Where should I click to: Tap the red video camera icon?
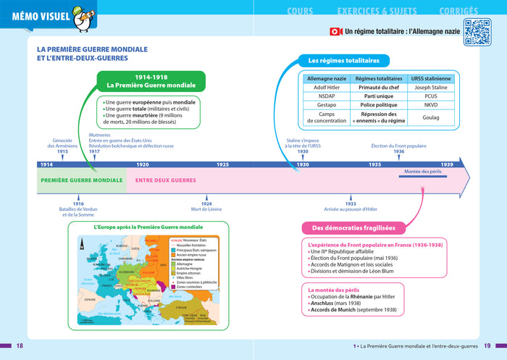[x=335, y=32]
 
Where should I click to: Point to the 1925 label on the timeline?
[x=223, y=165]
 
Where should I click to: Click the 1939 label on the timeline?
[x=447, y=165]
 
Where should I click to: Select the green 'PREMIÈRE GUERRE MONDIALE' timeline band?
[x=81, y=180]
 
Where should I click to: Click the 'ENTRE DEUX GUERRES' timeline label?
[x=166, y=180]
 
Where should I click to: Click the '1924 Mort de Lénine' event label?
[x=206, y=206]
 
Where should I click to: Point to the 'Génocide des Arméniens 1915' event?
[x=67, y=145]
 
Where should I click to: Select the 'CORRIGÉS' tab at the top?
[x=458, y=11]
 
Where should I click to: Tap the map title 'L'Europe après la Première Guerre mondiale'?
[x=148, y=227]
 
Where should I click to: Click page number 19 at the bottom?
[x=488, y=346]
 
